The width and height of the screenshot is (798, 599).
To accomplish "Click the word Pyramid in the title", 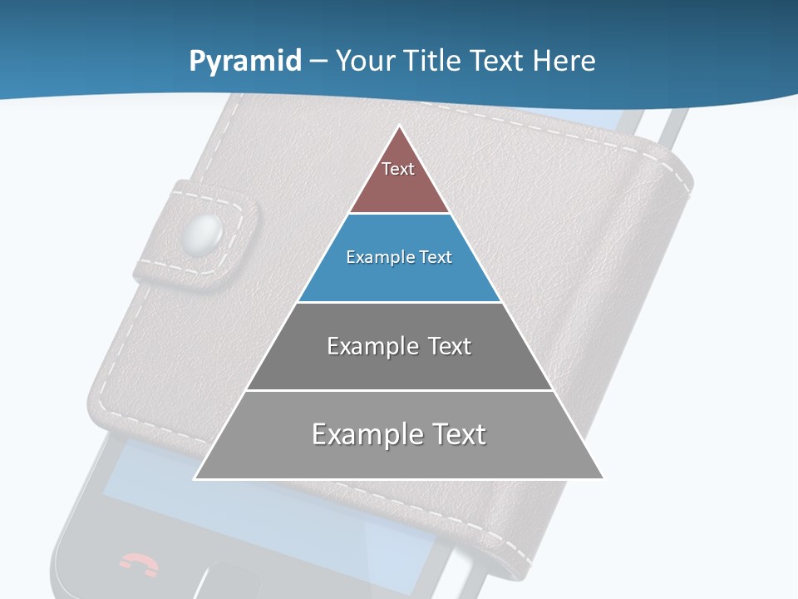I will [245, 62].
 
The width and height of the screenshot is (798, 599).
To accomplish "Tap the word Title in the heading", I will [431, 62].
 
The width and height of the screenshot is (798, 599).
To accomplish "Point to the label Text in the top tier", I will [398, 169].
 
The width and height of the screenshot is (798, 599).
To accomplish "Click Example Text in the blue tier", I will [399, 257].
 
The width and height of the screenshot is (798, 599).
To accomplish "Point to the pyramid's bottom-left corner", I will [195, 478].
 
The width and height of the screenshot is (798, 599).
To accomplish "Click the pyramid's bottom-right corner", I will [603, 478].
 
